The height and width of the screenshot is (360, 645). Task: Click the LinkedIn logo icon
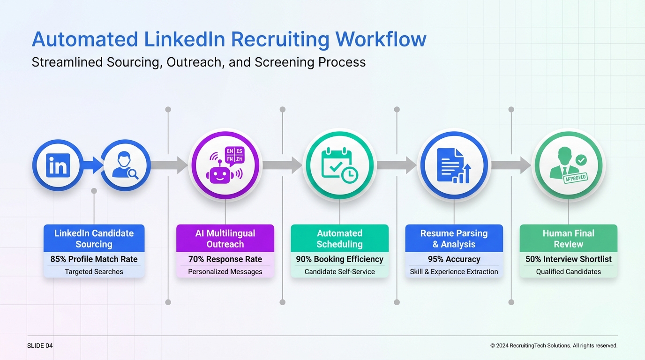point(58,165)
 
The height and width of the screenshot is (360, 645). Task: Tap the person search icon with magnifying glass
point(125,165)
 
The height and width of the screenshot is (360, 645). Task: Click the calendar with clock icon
point(340,165)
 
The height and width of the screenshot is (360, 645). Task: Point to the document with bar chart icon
point(454,165)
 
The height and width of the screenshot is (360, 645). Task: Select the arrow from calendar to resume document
point(397,165)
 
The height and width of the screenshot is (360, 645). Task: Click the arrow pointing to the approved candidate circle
point(511,165)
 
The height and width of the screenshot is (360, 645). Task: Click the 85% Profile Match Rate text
point(94,259)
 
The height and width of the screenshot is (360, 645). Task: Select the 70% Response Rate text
point(225,259)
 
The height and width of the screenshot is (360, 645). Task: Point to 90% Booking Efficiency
point(339,259)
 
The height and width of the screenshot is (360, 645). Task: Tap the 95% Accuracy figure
point(454,259)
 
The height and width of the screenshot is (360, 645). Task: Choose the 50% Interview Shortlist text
point(568,259)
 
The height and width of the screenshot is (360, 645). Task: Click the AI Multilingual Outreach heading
point(225,239)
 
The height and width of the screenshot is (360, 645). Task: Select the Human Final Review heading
point(568,239)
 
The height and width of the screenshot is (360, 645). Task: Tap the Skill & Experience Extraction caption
point(454,272)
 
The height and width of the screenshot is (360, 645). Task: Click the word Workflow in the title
point(381,39)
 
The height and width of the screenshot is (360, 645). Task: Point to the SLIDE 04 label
point(40,346)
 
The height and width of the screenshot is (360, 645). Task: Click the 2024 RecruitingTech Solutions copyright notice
point(554,346)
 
